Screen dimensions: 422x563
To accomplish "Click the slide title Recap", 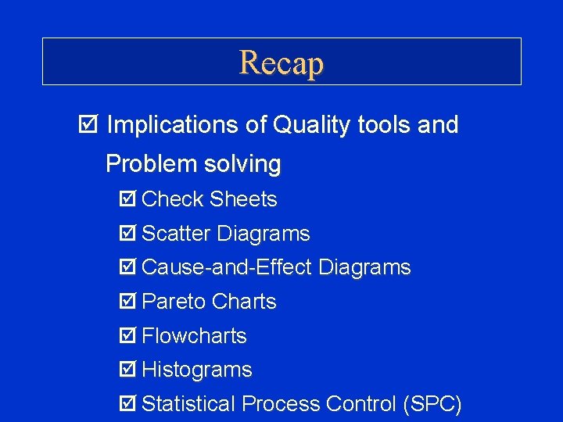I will click(281, 62).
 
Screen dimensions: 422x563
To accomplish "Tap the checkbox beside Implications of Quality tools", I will click(87, 125).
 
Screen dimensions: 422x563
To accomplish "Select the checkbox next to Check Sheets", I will click(127, 200).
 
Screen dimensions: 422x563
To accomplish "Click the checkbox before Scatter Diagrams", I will click(127, 234).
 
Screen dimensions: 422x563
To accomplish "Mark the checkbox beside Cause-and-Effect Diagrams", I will click(127, 268).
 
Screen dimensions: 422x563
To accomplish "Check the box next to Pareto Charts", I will click(127, 302).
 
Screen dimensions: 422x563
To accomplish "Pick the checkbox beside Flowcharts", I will click(127, 336).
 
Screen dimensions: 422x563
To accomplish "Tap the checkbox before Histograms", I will click(127, 370).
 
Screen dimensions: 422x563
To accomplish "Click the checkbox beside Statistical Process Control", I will click(127, 404).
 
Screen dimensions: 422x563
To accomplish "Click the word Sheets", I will click(243, 200).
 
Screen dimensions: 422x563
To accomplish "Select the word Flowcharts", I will click(195, 336).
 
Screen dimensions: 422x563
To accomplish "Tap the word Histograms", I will click(197, 370).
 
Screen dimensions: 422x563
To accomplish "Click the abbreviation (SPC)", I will click(431, 404).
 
